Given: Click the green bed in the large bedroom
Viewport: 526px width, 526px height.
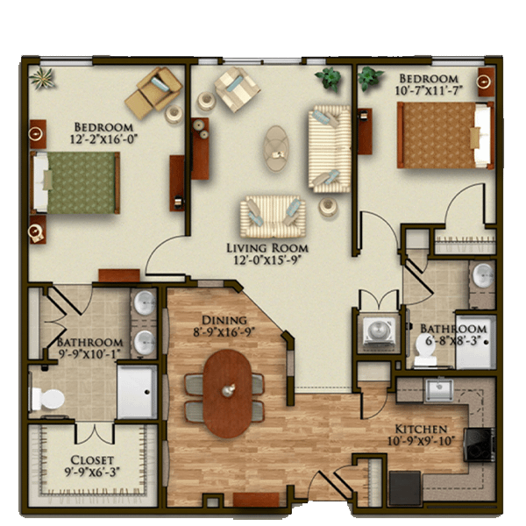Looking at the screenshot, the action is [x=75, y=183].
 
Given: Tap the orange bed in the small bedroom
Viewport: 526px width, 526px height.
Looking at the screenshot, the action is [x=445, y=135].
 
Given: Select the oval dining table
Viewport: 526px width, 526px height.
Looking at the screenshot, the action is [x=227, y=394].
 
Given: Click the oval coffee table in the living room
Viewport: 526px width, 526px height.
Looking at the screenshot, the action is [x=276, y=149].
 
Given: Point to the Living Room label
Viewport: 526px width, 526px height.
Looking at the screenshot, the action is [x=267, y=248].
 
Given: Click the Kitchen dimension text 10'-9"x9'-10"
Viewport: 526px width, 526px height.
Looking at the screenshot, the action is [x=421, y=440].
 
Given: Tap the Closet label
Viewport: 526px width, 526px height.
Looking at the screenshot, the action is [x=92, y=459].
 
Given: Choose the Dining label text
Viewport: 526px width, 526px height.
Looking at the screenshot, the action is [x=224, y=320].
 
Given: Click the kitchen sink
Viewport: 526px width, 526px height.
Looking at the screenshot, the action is [x=439, y=390].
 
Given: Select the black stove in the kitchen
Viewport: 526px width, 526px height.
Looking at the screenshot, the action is [x=480, y=444].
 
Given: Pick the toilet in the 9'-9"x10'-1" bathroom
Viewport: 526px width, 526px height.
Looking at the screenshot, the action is [x=47, y=399].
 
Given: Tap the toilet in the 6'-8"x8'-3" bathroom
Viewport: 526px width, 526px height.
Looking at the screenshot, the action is [x=425, y=351].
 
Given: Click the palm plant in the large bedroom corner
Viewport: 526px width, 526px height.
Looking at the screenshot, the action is [x=42, y=79].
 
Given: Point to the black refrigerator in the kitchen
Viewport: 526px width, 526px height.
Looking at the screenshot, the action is [x=405, y=487].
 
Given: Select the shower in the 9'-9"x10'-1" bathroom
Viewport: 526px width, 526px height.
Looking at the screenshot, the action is [x=137, y=392].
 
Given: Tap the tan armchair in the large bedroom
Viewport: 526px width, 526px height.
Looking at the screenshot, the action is [x=154, y=92].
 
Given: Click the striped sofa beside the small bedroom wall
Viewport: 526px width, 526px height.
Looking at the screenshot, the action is [x=330, y=149].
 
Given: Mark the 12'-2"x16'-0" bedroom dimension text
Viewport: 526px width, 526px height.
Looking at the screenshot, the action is [x=103, y=139].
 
